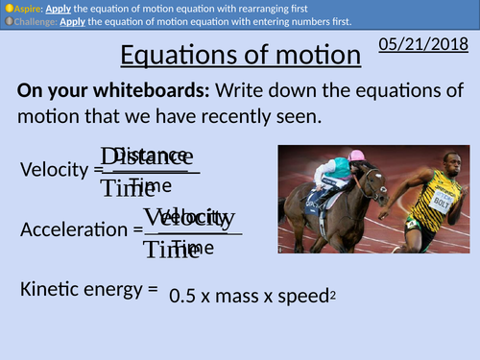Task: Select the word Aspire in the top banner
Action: pyautogui.click(x=27, y=7)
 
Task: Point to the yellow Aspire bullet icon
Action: pyautogui.click(x=8, y=7)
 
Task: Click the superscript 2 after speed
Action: pyautogui.click(x=333, y=293)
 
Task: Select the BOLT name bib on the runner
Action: pyautogui.click(x=440, y=203)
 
